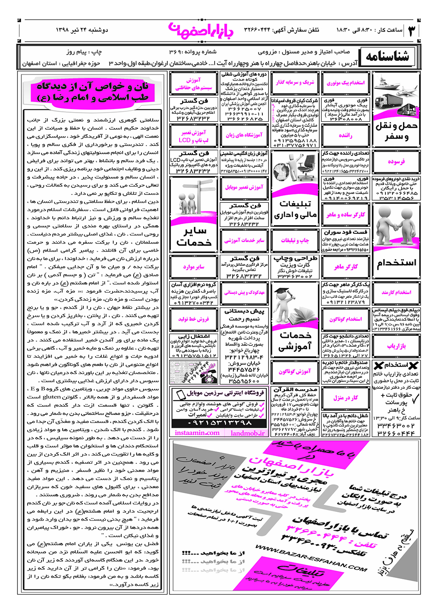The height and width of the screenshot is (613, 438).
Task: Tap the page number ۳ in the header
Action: click(412, 31)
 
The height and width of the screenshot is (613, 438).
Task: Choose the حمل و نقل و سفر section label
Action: click(396, 131)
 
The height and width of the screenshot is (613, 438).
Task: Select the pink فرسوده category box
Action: click(396, 162)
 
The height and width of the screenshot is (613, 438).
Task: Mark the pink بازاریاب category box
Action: click(396, 346)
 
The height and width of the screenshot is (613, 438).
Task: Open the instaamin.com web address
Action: click(197, 433)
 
